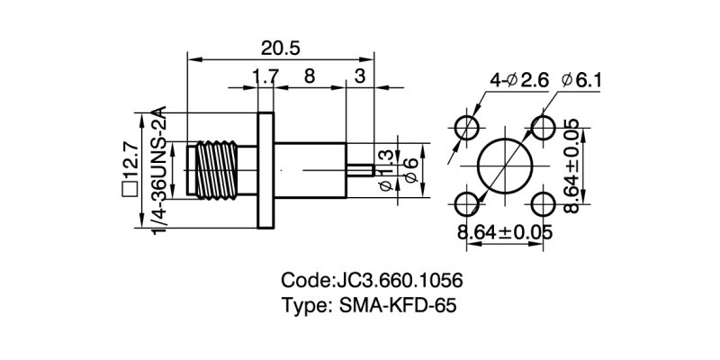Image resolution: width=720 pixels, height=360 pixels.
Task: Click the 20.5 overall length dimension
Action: (281, 45)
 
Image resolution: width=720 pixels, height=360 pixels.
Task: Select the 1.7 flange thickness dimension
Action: (265, 77)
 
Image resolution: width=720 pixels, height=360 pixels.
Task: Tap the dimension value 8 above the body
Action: (309, 77)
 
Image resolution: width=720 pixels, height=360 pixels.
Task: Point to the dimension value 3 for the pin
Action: (360, 77)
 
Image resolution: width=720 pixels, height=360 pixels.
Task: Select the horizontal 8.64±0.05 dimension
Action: (505, 232)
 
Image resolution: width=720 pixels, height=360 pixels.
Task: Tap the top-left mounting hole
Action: (467, 126)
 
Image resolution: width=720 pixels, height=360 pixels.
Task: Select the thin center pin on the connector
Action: (360, 169)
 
